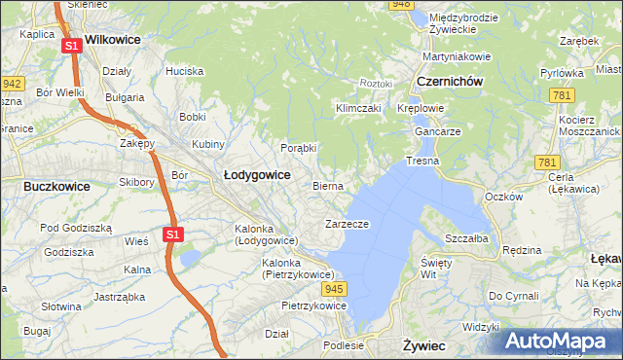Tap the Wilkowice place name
click(113, 40)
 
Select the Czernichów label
click(450, 83)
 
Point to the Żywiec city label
click(423, 345)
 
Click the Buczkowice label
click(56, 186)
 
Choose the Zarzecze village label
click(346, 224)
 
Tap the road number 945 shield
click(336, 289)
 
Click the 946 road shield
click(400, 5)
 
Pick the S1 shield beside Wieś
click(172, 234)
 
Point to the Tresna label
click(422, 161)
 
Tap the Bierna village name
click(328, 185)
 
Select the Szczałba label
click(465, 237)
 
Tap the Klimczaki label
click(357, 108)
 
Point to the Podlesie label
click(344, 344)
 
